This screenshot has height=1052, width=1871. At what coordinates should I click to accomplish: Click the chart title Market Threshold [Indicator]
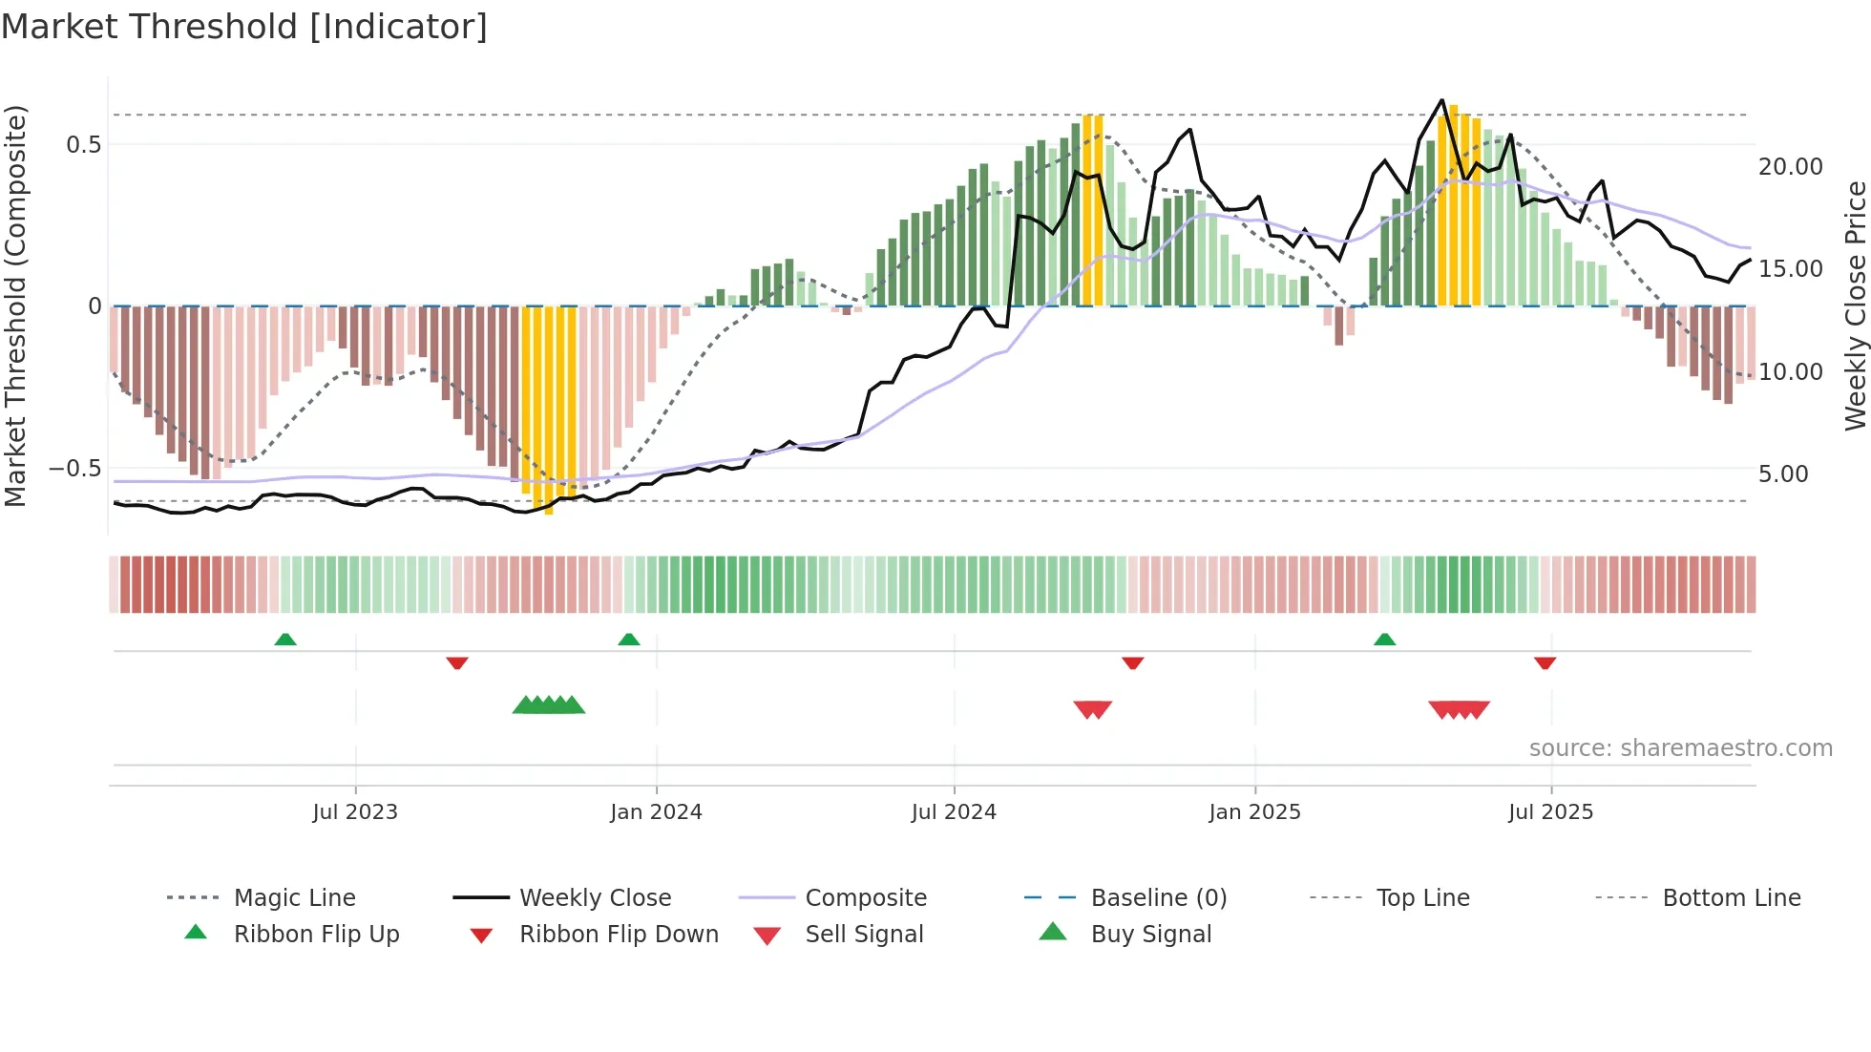point(244,27)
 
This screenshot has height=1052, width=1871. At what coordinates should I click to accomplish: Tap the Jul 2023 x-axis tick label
point(355,812)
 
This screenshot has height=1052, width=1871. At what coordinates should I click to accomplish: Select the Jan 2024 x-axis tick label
point(656,812)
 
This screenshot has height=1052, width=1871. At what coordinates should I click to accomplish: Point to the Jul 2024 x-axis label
point(954,812)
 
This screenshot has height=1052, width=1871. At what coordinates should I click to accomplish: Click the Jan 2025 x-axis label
point(1254,812)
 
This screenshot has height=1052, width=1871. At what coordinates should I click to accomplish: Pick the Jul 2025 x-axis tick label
point(1551,812)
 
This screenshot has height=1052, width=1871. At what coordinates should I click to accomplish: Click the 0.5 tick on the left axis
point(83,145)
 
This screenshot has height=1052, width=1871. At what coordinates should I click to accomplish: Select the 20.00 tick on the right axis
point(1791,167)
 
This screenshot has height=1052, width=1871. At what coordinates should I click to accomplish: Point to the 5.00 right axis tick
point(1783,474)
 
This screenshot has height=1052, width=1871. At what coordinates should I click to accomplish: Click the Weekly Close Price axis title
point(1855,305)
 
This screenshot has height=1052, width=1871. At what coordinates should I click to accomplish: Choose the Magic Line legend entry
point(294,898)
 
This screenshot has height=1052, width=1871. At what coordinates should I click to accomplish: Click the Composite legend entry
point(865,898)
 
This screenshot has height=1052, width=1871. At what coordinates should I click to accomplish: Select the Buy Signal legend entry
point(1150,935)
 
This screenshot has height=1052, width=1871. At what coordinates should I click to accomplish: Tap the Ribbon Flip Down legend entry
point(618,935)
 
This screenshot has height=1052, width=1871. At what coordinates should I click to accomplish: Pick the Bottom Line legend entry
point(1731,898)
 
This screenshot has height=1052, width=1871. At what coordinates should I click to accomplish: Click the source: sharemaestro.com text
point(1680,748)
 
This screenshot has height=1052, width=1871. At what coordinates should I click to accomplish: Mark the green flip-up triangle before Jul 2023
point(285,640)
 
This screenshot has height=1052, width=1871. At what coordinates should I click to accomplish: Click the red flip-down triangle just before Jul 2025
point(1545,663)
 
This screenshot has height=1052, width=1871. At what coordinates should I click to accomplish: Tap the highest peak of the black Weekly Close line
point(1442,100)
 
